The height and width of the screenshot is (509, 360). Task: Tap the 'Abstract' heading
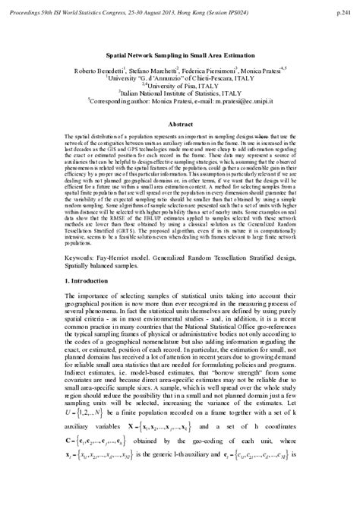(180, 123)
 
